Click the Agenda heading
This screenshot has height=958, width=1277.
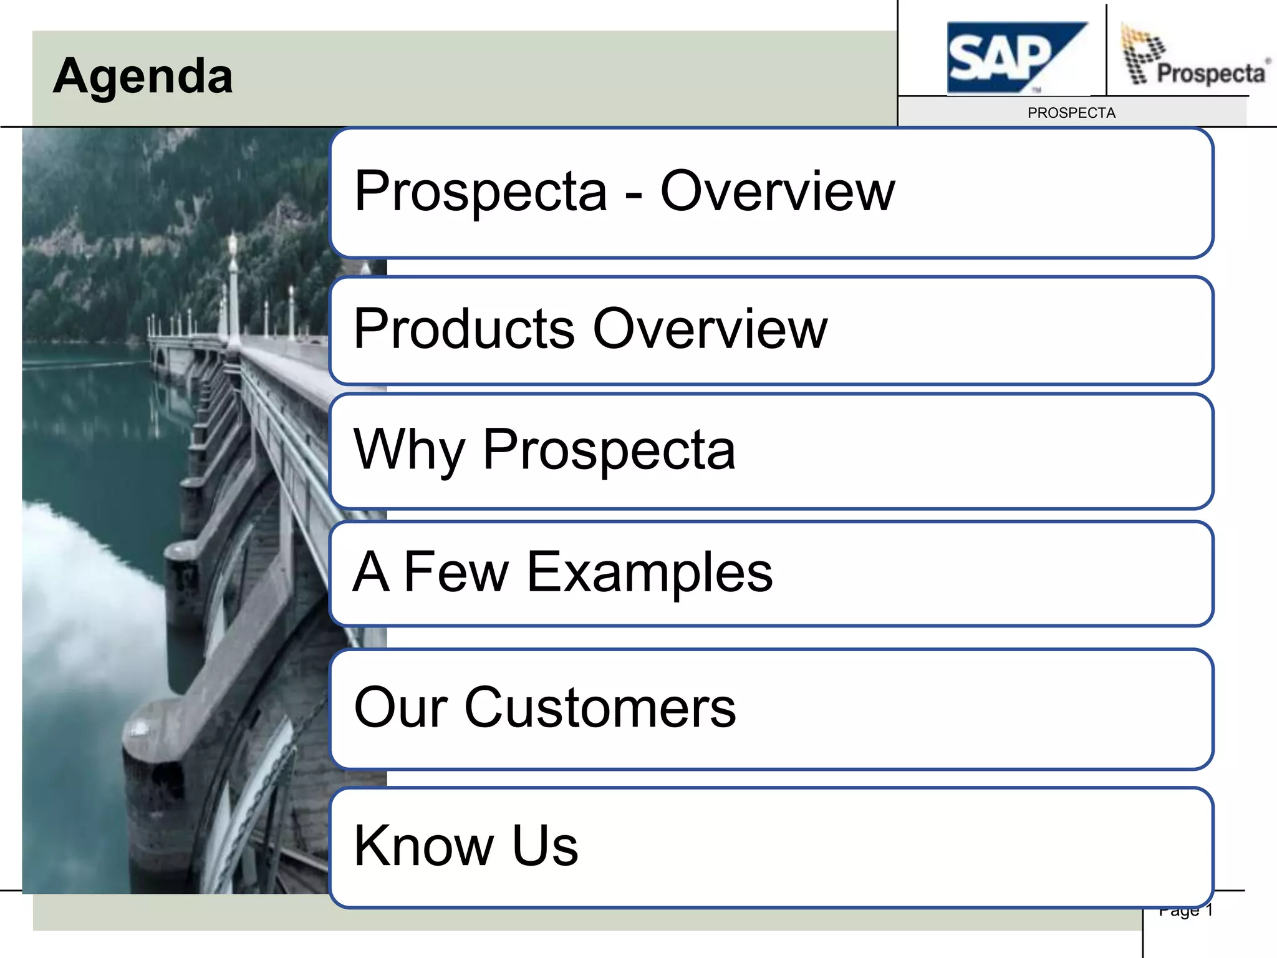143,76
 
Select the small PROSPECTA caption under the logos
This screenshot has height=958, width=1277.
1071,113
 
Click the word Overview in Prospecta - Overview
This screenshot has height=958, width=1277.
777,191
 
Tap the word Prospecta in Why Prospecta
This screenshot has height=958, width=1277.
609,450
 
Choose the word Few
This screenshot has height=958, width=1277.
456,572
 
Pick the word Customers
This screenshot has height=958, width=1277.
600,708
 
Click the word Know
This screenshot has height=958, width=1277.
423,846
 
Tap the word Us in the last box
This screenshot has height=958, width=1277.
545,846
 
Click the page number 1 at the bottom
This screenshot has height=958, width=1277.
1208,911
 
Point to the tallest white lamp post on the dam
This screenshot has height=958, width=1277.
233,287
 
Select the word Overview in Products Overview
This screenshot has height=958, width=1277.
710,329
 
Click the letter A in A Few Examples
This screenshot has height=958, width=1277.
372,572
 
